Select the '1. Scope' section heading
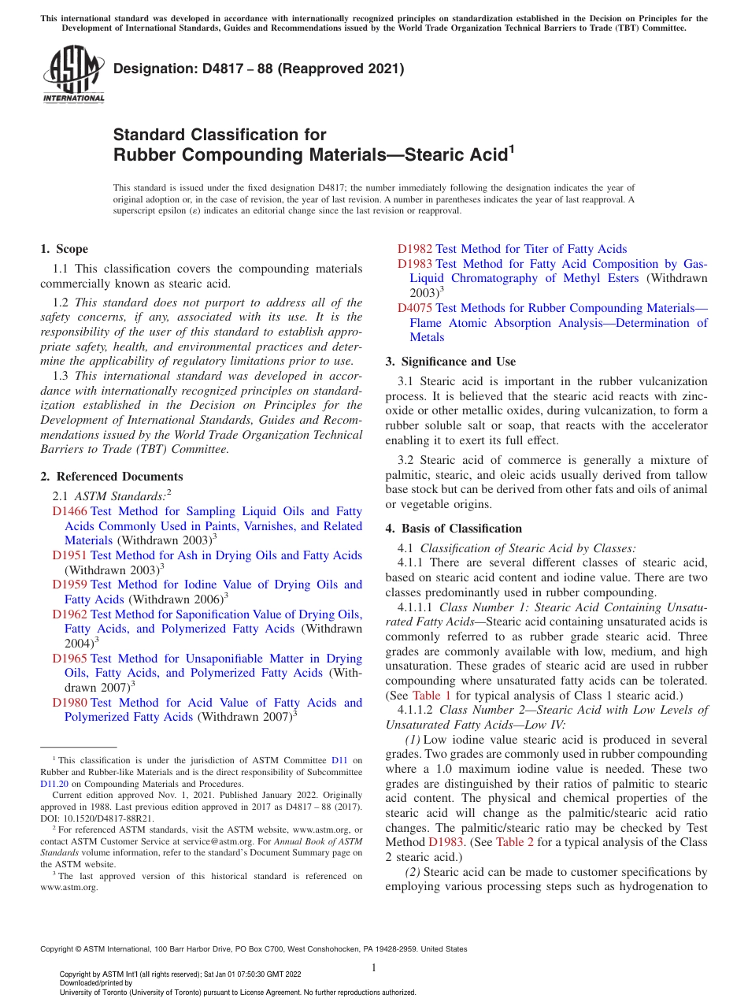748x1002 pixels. pos(64,249)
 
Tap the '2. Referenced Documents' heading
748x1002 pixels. pos(111,477)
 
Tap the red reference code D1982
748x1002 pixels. pos(414,249)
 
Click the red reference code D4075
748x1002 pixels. pos(414,308)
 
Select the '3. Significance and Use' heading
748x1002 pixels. pos(450,362)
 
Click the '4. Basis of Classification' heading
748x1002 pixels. pos(454,529)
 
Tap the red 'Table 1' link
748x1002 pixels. pos(431,696)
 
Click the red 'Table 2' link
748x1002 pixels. pos(515,842)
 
